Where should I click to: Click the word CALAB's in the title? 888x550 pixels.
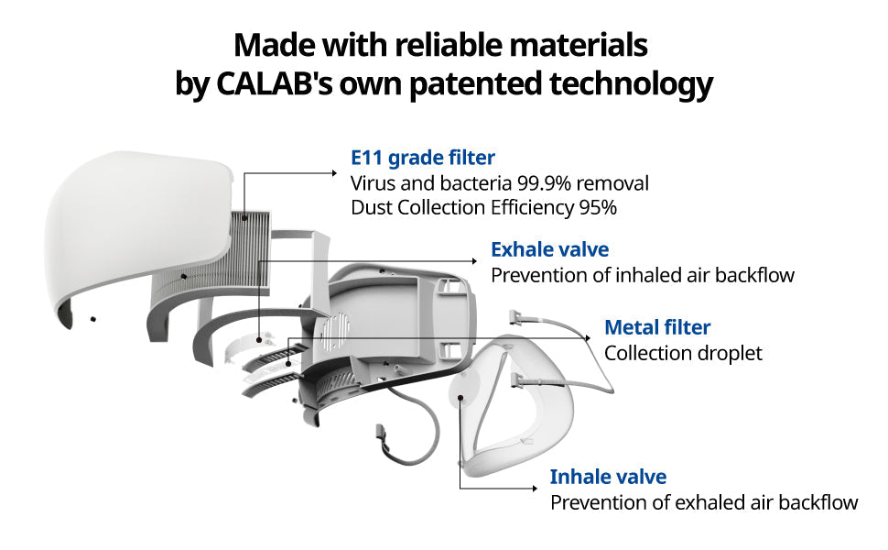pos(275,83)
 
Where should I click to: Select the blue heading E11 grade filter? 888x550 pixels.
pos(422,158)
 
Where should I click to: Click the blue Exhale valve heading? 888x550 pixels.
pos(549,249)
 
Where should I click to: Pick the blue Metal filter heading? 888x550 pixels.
pos(657,327)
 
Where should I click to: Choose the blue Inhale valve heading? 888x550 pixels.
pos(608,477)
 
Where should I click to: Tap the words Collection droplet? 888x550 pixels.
pos(683,353)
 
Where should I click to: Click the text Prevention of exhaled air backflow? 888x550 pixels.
pos(704,502)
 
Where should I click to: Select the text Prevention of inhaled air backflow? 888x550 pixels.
pos(643,275)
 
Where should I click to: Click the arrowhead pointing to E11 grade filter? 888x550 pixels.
pos(335,173)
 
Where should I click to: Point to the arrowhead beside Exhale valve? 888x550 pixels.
pos(475,261)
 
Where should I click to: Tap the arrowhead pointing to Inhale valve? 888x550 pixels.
pos(535,488)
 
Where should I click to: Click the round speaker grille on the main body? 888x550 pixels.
pos(335,330)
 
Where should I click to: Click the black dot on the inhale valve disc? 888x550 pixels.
pos(460,397)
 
